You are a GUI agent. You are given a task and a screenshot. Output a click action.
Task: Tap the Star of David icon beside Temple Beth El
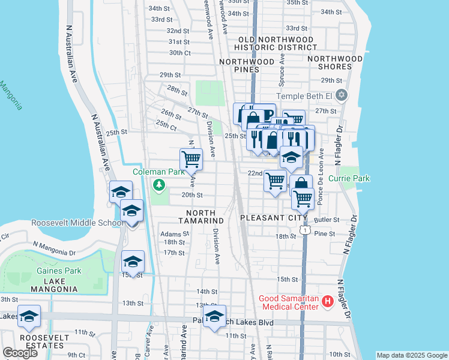click(342, 95)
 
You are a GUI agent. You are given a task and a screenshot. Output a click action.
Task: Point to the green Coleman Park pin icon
click(159, 185)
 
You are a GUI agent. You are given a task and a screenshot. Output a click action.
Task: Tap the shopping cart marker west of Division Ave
click(191, 160)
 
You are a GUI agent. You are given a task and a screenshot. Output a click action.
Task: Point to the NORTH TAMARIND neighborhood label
click(205, 217)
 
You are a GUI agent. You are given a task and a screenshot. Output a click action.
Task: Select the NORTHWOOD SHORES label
click(335, 63)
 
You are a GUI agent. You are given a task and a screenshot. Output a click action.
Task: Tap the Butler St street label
click(328, 220)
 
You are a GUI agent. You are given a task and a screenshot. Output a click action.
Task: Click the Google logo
click(20, 353)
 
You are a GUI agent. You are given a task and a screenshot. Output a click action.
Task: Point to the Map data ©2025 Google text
click(411, 355)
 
